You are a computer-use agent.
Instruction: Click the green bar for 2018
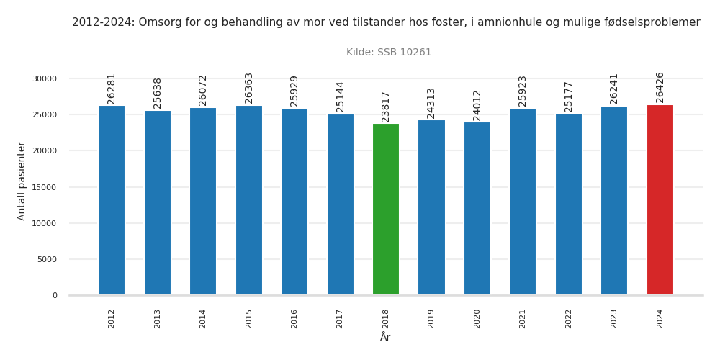click(x=386, y=210)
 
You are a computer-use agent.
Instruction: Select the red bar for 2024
click(x=660, y=200)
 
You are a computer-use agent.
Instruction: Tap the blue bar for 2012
click(x=112, y=201)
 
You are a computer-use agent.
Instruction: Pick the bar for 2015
click(x=249, y=200)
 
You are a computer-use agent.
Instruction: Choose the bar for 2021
click(x=523, y=202)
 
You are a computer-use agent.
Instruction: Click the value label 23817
click(x=386, y=107)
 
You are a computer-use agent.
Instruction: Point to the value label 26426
click(x=660, y=87)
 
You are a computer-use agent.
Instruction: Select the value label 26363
click(x=249, y=88)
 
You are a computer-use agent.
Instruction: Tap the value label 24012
click(x=477, y=105)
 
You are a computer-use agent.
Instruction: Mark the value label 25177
click(x=569, y=96)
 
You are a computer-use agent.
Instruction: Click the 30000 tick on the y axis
click(x=45, y=79)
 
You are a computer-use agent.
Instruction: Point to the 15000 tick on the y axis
click(x=45, y=187)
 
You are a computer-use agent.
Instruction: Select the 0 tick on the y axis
click(x=55, y=295)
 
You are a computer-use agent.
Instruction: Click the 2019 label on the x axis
click(x=431, y=319)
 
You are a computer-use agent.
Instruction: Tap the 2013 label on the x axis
click(x=158, y=319)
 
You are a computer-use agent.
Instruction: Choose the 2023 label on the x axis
click(x=614, y=319)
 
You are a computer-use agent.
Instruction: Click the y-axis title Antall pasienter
click(x=22, y=181)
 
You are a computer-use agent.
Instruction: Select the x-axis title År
click(x=385, y=338)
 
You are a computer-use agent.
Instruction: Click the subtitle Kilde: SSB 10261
click(x=389, y=53)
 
